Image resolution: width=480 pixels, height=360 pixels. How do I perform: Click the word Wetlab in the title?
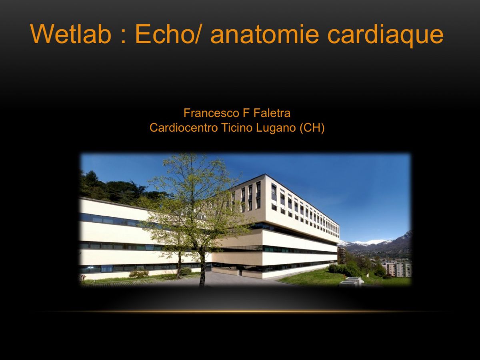[x=71, y=34]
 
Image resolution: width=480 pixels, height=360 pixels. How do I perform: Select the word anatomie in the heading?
[x=264, y=34]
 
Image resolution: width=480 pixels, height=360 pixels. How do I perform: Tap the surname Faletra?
[x=272, y=113]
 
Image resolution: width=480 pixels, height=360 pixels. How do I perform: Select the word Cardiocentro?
[x=184, y=128]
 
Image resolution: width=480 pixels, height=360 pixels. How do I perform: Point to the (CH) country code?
[x=312, y=128]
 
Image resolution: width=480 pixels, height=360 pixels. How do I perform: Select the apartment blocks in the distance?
[x=396, y=269]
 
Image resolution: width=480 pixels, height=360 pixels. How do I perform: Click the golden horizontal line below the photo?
[x=240, y=311]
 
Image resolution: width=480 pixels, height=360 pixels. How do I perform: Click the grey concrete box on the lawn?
[x=350, y=282]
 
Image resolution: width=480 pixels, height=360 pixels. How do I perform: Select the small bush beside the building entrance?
[x=185, y=272]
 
